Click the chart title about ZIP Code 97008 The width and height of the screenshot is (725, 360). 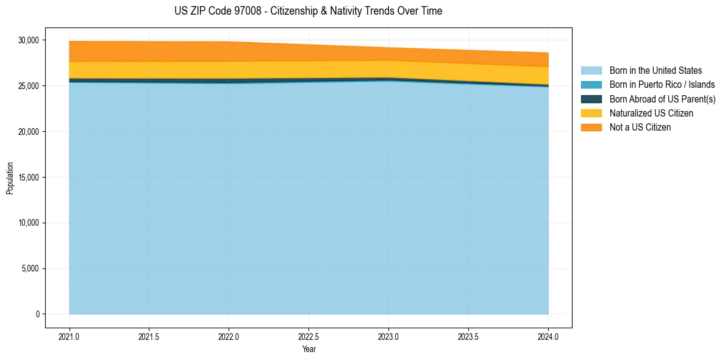(308, 11)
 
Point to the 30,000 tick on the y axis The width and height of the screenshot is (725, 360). (28, 40)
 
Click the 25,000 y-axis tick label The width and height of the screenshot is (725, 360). (28, 86)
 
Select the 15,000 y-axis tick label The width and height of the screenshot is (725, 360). (28, 178)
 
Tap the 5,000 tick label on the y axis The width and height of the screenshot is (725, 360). (30, 268)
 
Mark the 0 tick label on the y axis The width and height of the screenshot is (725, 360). (37, 314)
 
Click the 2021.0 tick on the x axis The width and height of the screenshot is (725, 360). (69, 336)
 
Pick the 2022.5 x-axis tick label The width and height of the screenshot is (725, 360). (309, 336)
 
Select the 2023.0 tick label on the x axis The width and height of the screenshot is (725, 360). (388, 336)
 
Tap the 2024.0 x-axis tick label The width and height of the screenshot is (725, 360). (548, 336)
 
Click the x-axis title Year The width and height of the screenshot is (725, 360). (309, 349)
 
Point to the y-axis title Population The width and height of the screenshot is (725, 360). (10, 178)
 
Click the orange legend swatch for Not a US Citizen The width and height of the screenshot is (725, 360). (591, 128)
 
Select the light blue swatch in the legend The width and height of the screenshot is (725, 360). (591, 71)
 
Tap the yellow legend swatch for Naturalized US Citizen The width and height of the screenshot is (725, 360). (591, 113)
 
